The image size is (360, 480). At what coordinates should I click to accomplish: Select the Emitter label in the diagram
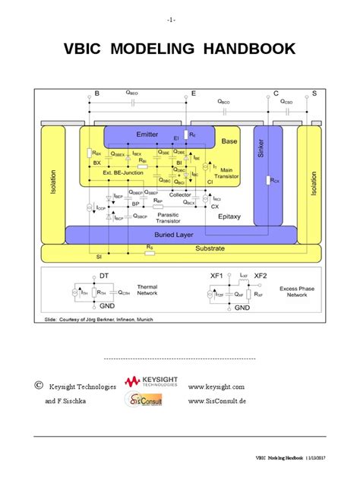147,134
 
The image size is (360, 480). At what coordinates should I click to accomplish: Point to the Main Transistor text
231,173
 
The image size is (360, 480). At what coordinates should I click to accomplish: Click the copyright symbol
38,386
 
